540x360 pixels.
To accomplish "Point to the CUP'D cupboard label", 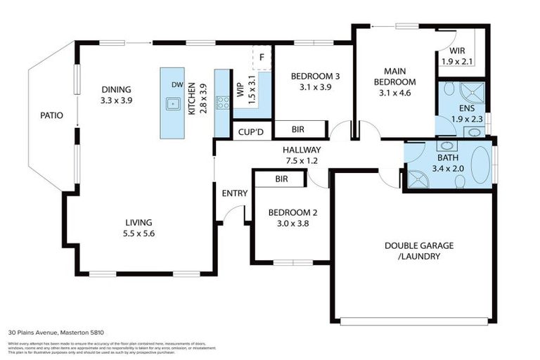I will [x=251, y=131].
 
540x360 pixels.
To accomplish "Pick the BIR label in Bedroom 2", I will [x=281, y=180].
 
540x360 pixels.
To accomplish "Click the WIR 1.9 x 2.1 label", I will [x=457, y=56].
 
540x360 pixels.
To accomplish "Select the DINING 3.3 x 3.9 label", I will [x=117, y=95].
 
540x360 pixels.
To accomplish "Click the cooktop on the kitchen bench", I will [x=222, y=103].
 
